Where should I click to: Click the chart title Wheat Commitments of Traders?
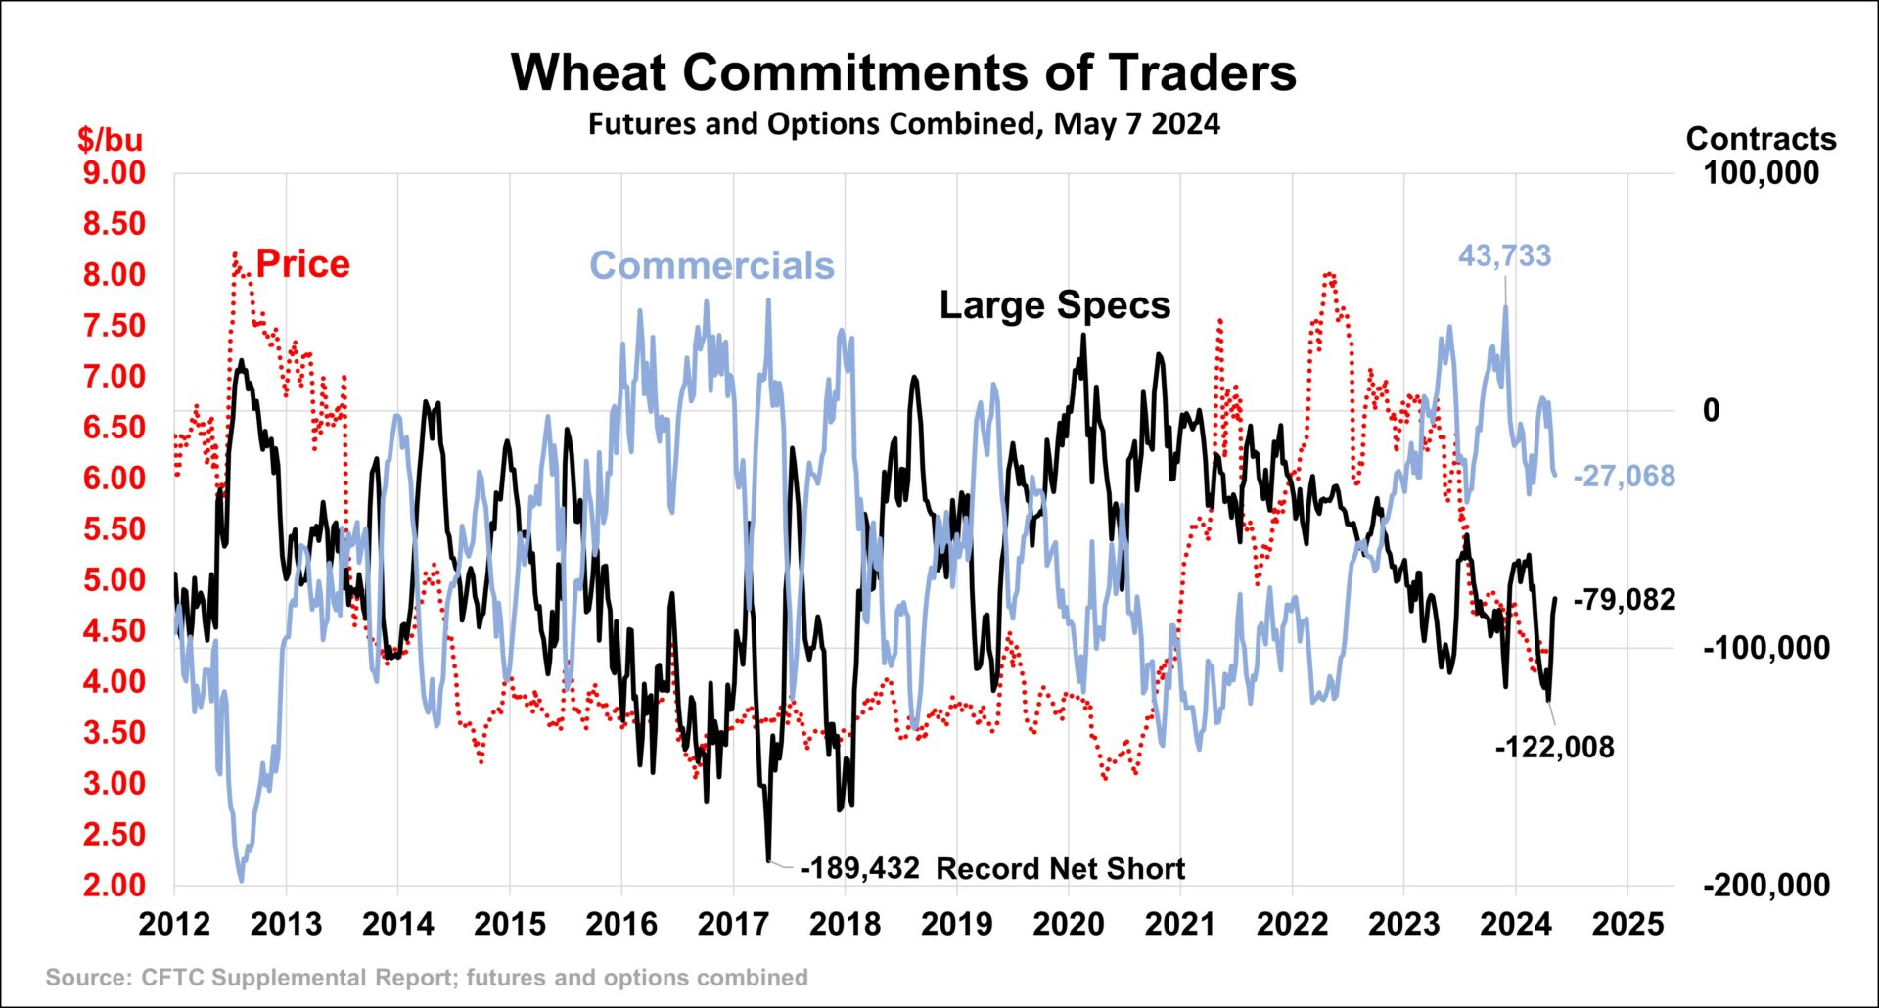coord(903,72)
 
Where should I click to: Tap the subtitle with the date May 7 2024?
coord(903,124)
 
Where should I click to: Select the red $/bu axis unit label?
coord(110,139)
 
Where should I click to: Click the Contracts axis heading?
coord(1761,139)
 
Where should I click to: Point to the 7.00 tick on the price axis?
coord(114,377)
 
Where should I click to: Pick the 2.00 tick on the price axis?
coord(114,886)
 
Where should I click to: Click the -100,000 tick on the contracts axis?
coord(1765,648)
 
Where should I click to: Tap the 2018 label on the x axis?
coord(845,924)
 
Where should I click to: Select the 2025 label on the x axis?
coord(1627,924)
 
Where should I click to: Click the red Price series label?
coord(302,264)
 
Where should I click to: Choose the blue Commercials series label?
coord(711,266)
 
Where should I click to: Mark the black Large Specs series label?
coord(1054,305)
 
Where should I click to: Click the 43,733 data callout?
coord(1504,256)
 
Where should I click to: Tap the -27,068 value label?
coord(1624,477)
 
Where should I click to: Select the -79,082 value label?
coord(1624,599)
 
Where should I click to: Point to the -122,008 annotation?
coord(1554,748)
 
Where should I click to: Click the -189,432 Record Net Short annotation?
coord(991,869)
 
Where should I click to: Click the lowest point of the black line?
coord(768,860)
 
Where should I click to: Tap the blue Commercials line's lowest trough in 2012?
coord(241,880)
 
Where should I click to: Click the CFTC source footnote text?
coord(427,978)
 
